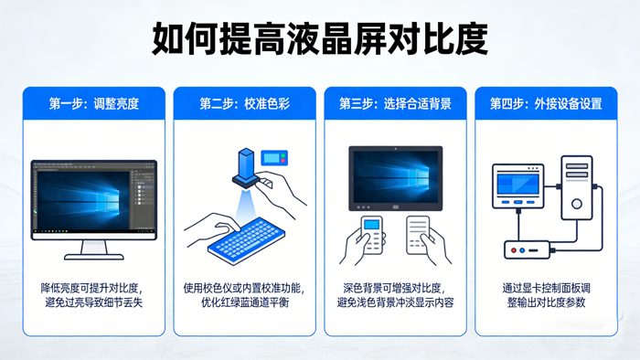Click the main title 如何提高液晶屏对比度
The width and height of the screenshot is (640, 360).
(320, 39)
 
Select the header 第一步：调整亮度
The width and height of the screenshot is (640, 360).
(93, 103)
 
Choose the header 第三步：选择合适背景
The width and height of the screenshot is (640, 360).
(395, 103)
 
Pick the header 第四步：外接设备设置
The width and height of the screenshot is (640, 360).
(546, 103)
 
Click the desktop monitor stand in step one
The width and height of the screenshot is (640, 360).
(91, 248)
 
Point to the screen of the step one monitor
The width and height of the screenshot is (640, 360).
(91, 196)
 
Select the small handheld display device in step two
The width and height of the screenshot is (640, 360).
(273, 157)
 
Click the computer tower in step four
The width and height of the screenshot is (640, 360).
(575, 193)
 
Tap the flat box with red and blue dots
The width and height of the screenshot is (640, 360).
(529, 249)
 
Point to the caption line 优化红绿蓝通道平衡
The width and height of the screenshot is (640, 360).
(244, 302)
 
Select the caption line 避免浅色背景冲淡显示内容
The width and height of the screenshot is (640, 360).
(395, 302)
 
